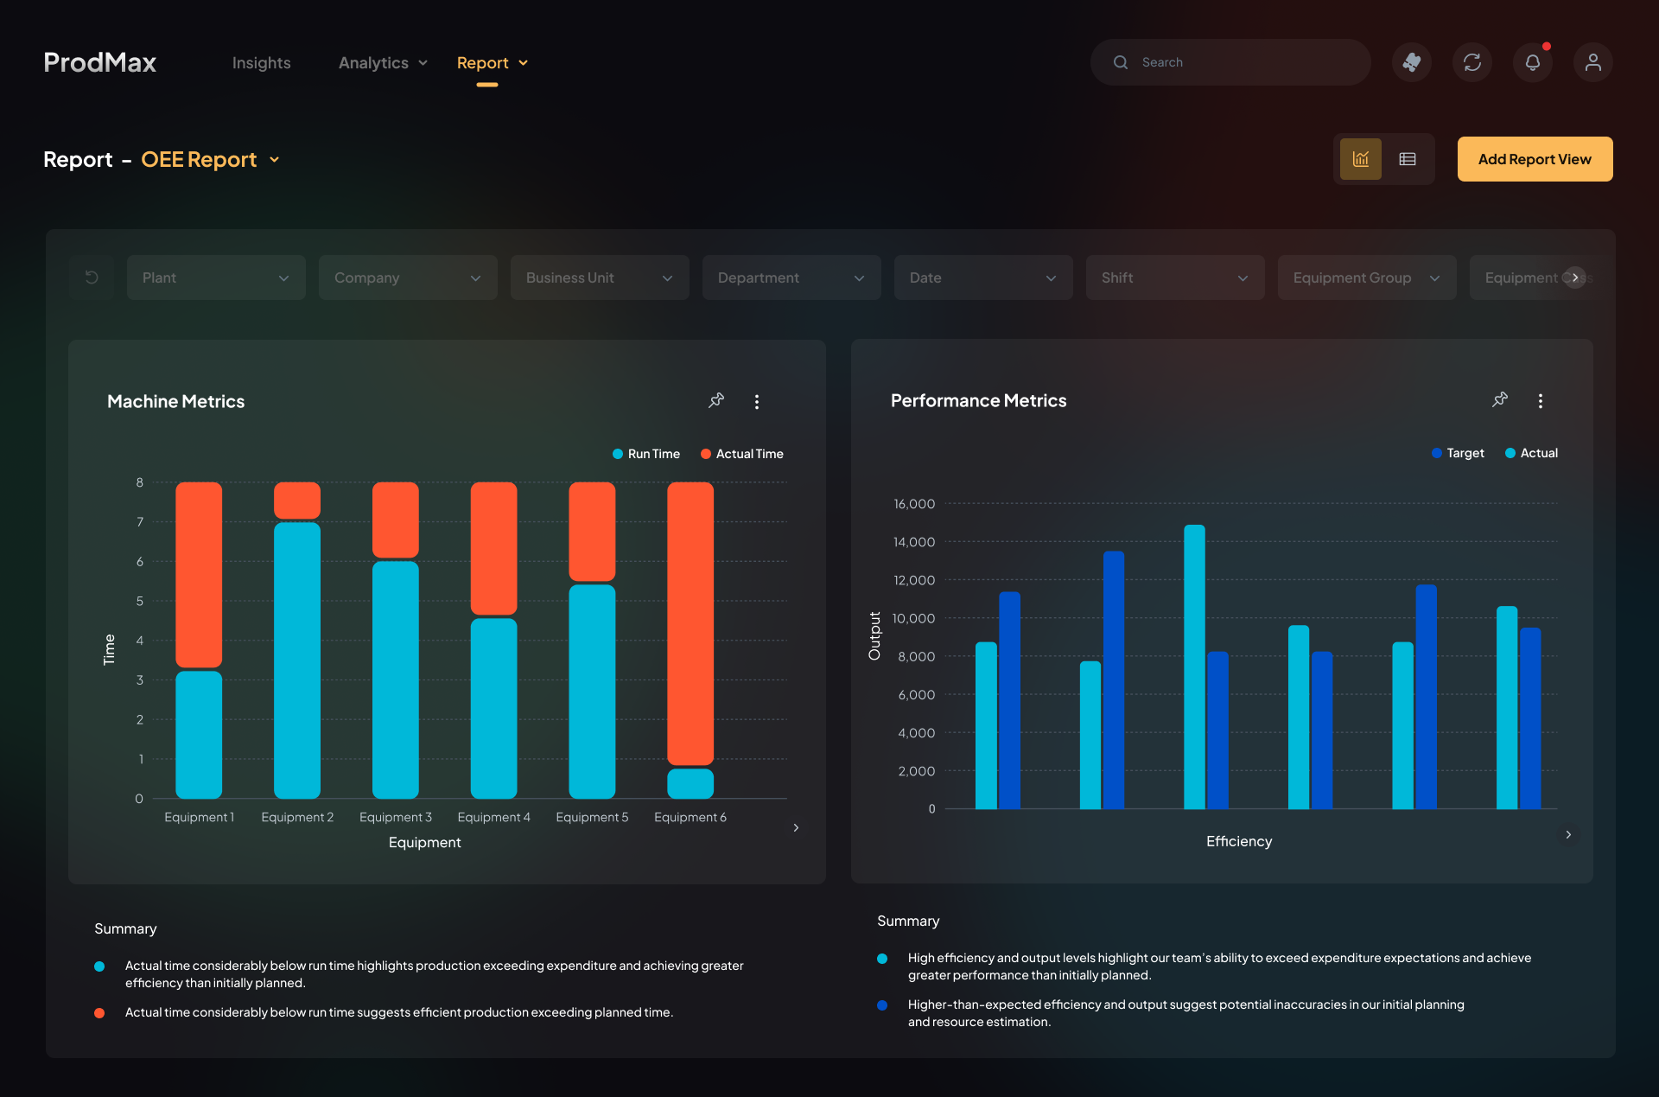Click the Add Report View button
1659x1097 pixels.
click(1535, 159)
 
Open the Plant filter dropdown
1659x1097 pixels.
click(216, 277)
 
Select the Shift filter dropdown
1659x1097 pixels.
click(1175, 277)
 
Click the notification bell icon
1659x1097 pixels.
click(1533, 62)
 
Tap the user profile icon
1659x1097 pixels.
click(1593, 62)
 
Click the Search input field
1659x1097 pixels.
click(1230, 62)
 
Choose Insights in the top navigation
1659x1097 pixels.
click(261, 63)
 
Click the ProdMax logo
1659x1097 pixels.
click(100, 62)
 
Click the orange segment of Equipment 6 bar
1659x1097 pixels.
click(690, 623)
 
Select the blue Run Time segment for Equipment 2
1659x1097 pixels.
click(297, 660)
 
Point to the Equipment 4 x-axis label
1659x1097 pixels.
click(493, 817)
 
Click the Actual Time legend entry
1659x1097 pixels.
click(742, 454)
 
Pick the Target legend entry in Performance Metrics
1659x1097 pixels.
click(1458, 453)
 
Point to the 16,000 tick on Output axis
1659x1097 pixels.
click(914, 504)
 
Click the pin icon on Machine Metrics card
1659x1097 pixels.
click(716, 401)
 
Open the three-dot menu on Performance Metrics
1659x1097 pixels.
click(1540, 401)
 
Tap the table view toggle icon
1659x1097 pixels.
click(1408, 159)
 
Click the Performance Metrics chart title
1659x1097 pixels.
click(978, 401)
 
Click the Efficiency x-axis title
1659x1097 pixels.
click(1239, 841)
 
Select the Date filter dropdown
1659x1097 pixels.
click(983, 277)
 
